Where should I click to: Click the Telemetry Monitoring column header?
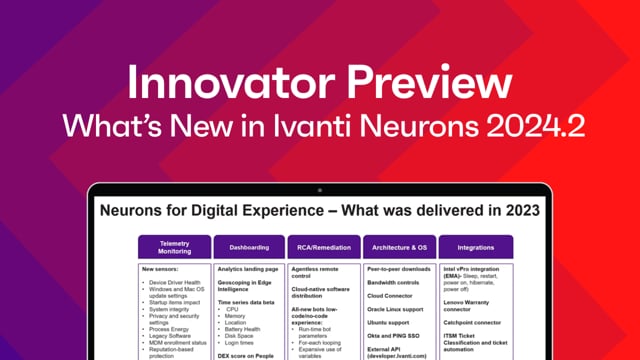coord(174,246)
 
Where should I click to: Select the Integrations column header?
coord(476,246)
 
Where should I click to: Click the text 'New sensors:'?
coord(162,269)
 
